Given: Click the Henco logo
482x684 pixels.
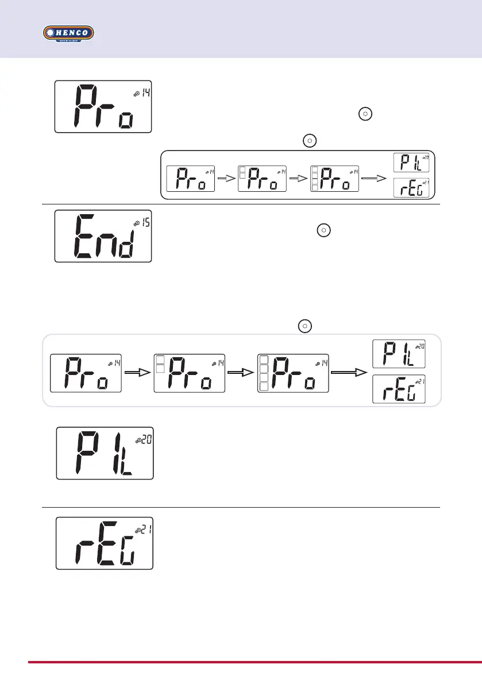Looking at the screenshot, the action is pyautogui.click(x=69, y=33).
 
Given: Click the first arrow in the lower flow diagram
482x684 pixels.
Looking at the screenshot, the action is pyautogui.click(x=138, y=371).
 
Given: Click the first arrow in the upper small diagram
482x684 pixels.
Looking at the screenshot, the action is pyautogui.click(x=226, y=179).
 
